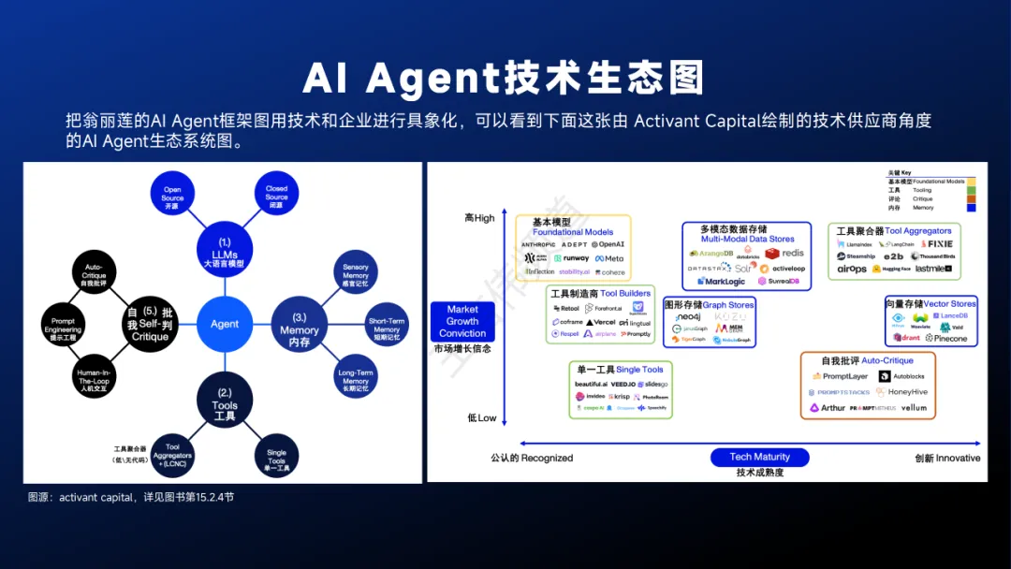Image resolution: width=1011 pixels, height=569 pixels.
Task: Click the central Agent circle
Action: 225,324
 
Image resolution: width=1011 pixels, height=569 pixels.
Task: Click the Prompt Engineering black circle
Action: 63,326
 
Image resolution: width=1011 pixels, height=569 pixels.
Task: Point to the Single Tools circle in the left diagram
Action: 276,459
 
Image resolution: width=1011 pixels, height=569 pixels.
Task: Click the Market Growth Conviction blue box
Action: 462,321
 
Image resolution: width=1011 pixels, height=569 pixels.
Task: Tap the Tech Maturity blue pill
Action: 759,457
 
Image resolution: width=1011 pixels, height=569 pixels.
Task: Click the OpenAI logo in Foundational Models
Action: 608,244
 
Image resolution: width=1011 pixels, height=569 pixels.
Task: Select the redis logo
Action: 785,253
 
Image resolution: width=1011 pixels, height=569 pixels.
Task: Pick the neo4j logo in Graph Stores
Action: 688,317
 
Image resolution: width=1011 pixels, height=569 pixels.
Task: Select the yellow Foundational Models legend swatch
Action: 973,182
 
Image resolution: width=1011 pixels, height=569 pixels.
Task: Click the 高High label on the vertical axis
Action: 480,218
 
